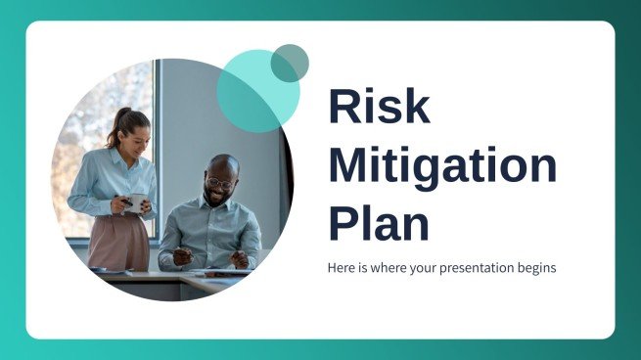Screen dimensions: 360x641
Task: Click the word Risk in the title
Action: click(379, 106)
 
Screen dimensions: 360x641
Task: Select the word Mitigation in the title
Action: click(441, 166)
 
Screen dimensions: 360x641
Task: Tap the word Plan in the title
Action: click(379, 222)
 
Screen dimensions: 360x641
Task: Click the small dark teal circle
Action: click(290, 63)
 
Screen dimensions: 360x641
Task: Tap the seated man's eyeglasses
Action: click(221, 182)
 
